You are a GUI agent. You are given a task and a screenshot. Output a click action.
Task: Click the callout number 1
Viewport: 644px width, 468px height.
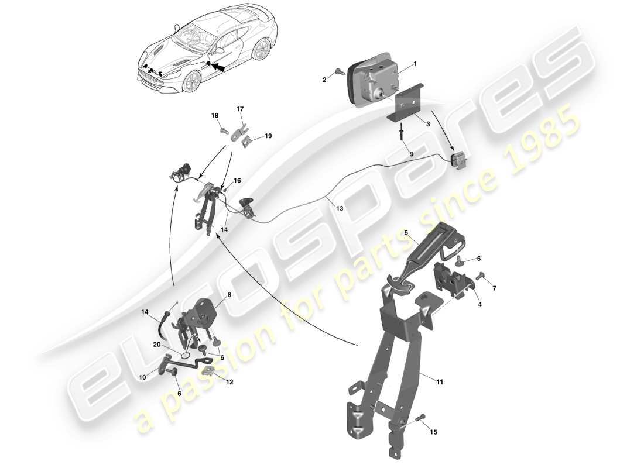[x=415, y=63]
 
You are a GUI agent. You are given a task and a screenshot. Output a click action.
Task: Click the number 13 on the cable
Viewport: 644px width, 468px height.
[x=340, y=207]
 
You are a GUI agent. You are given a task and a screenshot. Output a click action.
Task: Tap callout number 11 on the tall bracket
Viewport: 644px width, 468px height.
[x=439, y=381]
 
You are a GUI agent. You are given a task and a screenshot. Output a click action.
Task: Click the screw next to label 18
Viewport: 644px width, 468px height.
[x=223, y=130]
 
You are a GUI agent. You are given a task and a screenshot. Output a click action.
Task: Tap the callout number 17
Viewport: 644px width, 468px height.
[x=240, y=108]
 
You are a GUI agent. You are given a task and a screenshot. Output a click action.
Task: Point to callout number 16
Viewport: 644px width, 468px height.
[x=237, y=181]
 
